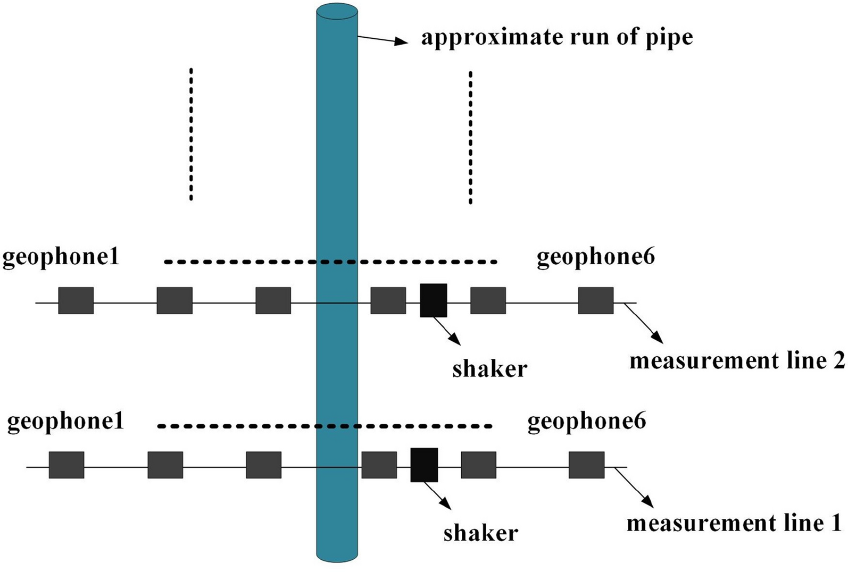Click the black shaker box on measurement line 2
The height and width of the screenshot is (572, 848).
click(433, 300)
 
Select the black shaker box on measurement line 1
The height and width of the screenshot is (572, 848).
click(424, 465)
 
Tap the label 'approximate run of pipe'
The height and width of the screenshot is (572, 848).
click(557, 38)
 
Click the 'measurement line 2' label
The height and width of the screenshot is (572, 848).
click(737, 361)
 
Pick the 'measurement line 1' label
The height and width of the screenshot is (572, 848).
click(734, 524)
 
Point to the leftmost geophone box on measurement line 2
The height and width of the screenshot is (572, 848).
click(76, 300)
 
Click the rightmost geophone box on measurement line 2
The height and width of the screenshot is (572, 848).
click(596, 300)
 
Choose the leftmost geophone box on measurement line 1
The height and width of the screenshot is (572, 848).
click(66, 465)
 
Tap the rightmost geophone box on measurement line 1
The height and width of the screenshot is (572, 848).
click(586, 465)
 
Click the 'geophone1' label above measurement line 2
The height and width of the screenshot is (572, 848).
click(61, 257)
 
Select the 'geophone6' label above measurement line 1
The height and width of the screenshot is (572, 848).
click(586, 421)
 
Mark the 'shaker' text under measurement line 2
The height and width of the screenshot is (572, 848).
click(489, 369)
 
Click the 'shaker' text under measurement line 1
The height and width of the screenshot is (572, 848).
click(480, 533)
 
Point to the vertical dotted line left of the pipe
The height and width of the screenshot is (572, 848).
click(191, 134)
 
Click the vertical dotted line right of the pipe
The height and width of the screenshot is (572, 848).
click(470, 137)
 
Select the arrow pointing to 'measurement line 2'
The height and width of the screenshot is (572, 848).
click(644, 323)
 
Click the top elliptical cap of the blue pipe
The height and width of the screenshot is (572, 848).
click(337, 11)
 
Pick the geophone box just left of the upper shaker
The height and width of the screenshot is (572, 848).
click(388, 300)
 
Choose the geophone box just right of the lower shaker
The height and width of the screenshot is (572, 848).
click(478, 465)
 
